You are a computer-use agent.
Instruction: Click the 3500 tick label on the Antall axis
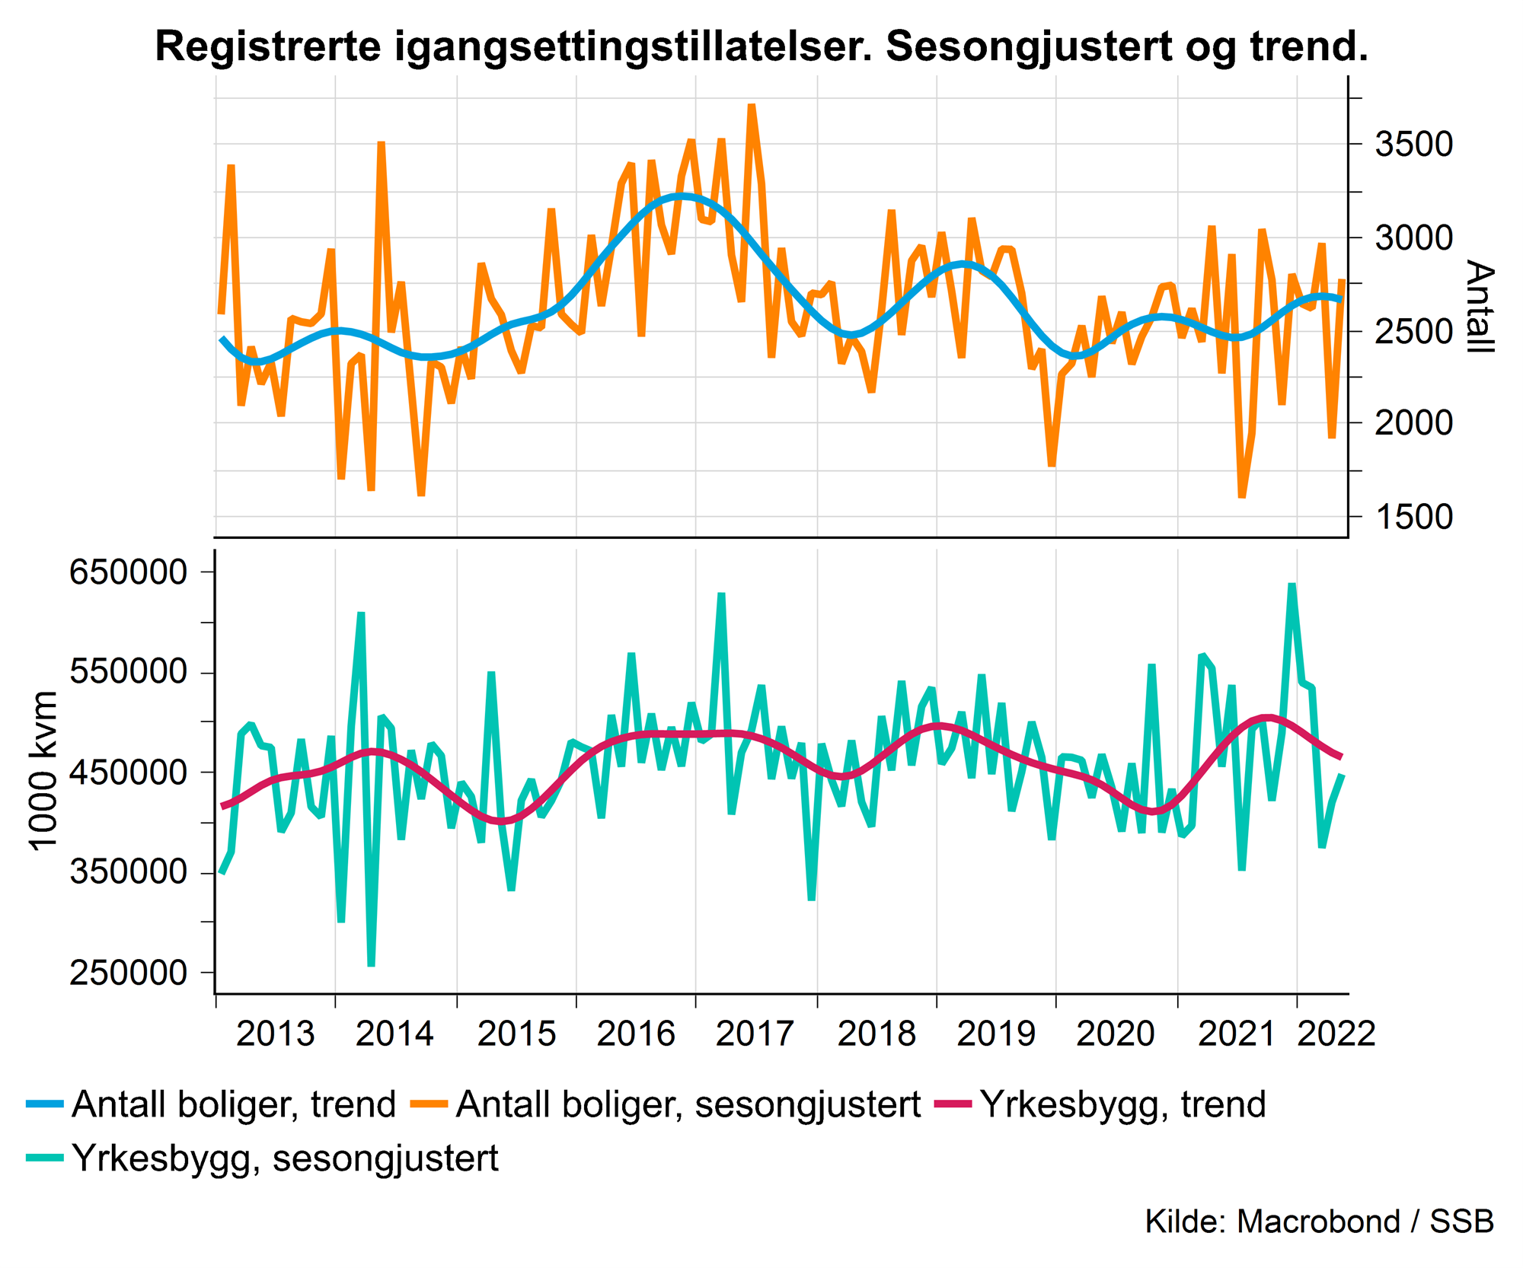pyautogui.click(x=1413, y=145)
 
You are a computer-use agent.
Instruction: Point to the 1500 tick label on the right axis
pyautogui.click(x=1413, y=518)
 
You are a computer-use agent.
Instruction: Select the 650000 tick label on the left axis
pyautogui.click(x=129, y=572)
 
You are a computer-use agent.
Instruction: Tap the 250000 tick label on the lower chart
pyautogui.click(x=129, y=973)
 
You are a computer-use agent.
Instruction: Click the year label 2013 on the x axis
pyautogui.click(x=275, y=1034)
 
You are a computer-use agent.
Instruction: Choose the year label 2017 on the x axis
pyautogui.click(x=755, y=1034)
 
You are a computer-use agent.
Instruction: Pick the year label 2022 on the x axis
pyautogui.click(x=1336, y=1034)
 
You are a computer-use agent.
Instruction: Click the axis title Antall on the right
pyautogui.click(x=1479, y=307)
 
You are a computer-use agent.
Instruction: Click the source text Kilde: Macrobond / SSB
pyautogui.click(x=1319, y=1221)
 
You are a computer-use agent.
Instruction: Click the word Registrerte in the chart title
pyautogui.click(x=268, y=47)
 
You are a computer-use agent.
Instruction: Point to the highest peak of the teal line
pyautogui.click(x=1292, y=585)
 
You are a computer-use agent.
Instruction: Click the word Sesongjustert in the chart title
pyautogui.click(x=1028, y=47)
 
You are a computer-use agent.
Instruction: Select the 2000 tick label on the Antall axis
pyautogui.click(x=1413, y=424)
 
